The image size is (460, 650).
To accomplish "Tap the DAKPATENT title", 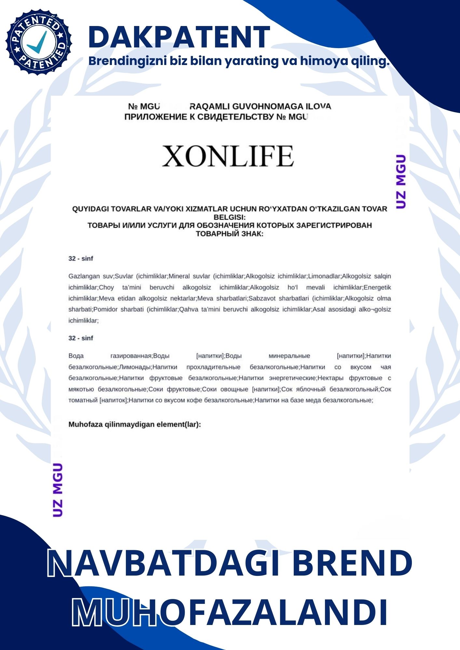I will point(179,37).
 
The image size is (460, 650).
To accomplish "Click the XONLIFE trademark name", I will point(228,156).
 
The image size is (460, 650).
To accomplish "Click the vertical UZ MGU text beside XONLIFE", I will point(401,181).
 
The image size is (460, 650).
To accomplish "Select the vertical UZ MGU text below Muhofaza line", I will point(58,490).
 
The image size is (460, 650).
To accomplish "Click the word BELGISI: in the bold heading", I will point(230,217).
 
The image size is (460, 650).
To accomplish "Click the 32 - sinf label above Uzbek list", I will point(81,259).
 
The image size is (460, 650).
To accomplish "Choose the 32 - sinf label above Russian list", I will point(81,338).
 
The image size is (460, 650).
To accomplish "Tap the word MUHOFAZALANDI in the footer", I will point(230,612).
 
